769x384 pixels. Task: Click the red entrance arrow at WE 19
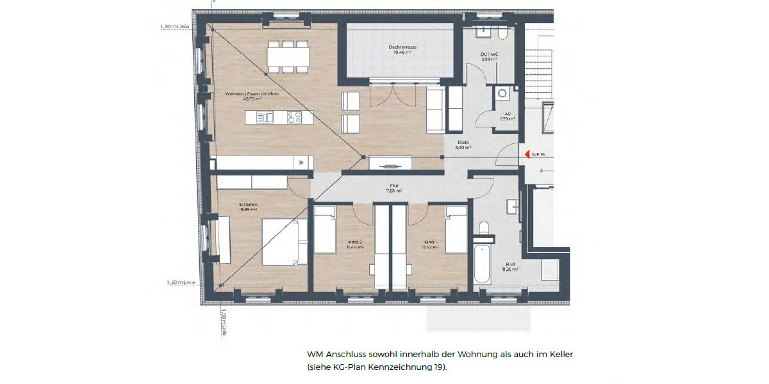coord(527,154)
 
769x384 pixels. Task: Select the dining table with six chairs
coord(288,58)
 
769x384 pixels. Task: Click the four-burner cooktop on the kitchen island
coord(295,117)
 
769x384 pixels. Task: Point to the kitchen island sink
coord(265,117)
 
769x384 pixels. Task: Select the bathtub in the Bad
coord(483,262)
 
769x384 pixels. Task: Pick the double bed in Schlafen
coord(280,241)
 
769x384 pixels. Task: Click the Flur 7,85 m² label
coord(393,188)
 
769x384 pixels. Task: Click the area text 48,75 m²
coord(252,100)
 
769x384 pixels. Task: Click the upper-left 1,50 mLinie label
coord(174,27)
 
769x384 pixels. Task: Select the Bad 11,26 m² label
coord(511,267)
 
